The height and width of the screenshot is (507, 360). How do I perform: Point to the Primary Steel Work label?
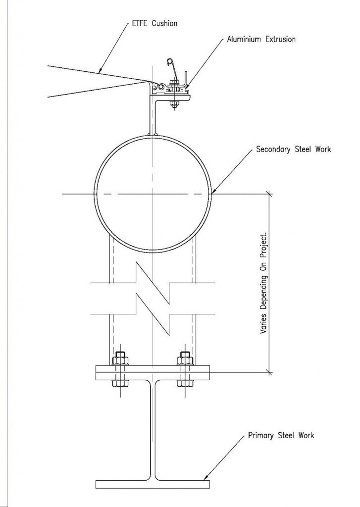click(x=281, y=436)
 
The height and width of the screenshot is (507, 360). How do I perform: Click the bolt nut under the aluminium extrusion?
click(x=173, y=104)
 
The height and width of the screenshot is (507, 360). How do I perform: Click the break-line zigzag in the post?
click(x=153, y=297)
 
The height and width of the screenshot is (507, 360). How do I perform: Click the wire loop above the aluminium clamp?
click(x=169, y=62)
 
